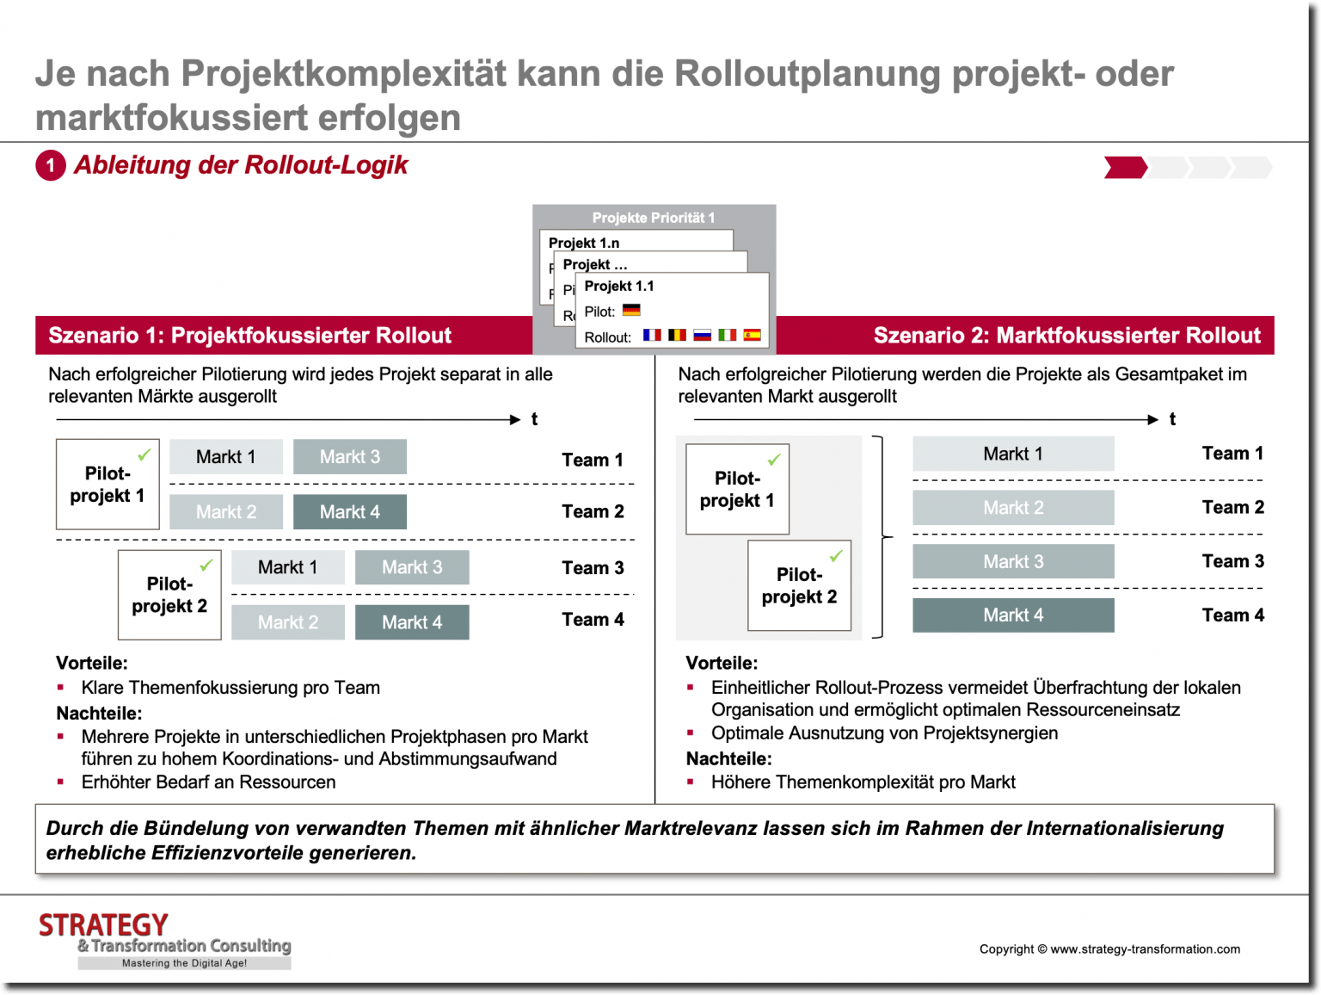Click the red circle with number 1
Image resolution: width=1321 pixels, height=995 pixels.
[51, 165]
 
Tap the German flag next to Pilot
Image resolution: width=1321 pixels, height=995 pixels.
[631, 310]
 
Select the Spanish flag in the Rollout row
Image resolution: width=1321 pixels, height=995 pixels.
[752, 335]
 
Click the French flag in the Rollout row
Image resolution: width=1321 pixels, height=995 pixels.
[652, 335]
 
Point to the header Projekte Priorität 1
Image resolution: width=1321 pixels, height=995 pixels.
[653, 218]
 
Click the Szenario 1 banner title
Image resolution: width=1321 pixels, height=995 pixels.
[249, 336]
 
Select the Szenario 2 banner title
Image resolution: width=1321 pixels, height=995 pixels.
[1066, 336]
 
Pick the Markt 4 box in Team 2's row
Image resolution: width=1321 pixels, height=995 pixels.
[349, 512]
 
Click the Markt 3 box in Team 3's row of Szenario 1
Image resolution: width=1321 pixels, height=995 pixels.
[412, 567]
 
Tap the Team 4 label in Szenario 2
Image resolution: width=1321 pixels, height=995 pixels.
[1232, 615]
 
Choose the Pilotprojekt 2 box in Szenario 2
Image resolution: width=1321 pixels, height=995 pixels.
[799, 586]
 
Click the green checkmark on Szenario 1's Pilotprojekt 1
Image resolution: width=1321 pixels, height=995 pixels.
[144, 454]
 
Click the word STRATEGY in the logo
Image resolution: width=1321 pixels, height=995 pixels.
[103, 925]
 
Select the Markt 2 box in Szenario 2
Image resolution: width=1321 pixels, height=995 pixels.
[1013, 508]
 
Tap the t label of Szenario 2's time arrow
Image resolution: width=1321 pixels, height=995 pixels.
[1172, 419]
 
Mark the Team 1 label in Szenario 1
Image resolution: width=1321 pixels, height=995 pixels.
[592, 460]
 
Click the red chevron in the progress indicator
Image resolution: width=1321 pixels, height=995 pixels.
[1125, 167]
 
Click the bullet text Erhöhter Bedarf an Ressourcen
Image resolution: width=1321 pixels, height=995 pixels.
[208, 782]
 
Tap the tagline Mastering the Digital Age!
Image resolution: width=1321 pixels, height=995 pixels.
[184, 963]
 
